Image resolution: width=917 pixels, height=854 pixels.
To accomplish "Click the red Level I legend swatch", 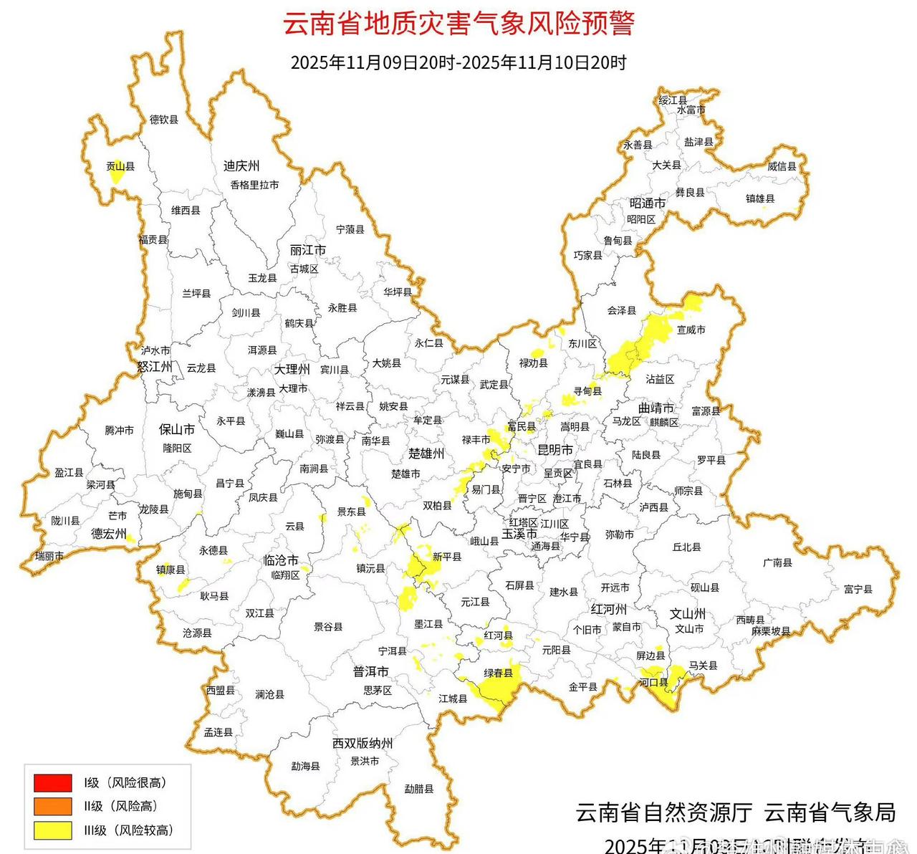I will click(x=52, y=782).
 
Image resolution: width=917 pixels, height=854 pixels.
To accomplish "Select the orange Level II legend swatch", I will click(x=52, y=806).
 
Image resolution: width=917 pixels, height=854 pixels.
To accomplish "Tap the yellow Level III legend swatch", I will click(x=52, y=830).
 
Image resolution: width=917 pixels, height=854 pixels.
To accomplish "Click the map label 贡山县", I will click(x=120, y=166).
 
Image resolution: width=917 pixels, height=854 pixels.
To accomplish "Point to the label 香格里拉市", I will click(x=254, y=185).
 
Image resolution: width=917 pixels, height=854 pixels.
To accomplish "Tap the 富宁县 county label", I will click(x=858, y=589).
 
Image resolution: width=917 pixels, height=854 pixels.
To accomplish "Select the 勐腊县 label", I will click(x=419, y=789).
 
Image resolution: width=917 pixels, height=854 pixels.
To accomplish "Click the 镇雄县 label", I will click(x=760, y=198).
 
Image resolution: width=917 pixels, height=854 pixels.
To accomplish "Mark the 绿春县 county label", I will click(x=498, y=673).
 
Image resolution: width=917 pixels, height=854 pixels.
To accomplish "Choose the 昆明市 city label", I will click(x=555, y=450).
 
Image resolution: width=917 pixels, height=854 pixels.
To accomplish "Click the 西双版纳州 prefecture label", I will click(x=363, y=744).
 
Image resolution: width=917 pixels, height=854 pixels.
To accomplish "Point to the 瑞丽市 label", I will click(x=49, y=556).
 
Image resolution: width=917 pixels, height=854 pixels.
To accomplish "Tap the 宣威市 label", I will click(x=691, y=330).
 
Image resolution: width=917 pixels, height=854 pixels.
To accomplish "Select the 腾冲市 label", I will click(x=119, y=431).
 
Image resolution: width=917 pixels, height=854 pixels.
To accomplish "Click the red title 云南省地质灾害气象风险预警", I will click(x=458, y=23).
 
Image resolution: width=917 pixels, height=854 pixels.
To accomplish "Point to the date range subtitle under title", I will click(x=458, y=63).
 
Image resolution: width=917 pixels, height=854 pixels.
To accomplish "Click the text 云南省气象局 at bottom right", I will click(x=830, y=812).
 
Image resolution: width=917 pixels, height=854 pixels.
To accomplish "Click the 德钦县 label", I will click(x=163, y=120).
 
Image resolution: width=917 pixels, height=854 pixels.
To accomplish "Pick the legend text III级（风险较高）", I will click(x=128, y=830).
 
